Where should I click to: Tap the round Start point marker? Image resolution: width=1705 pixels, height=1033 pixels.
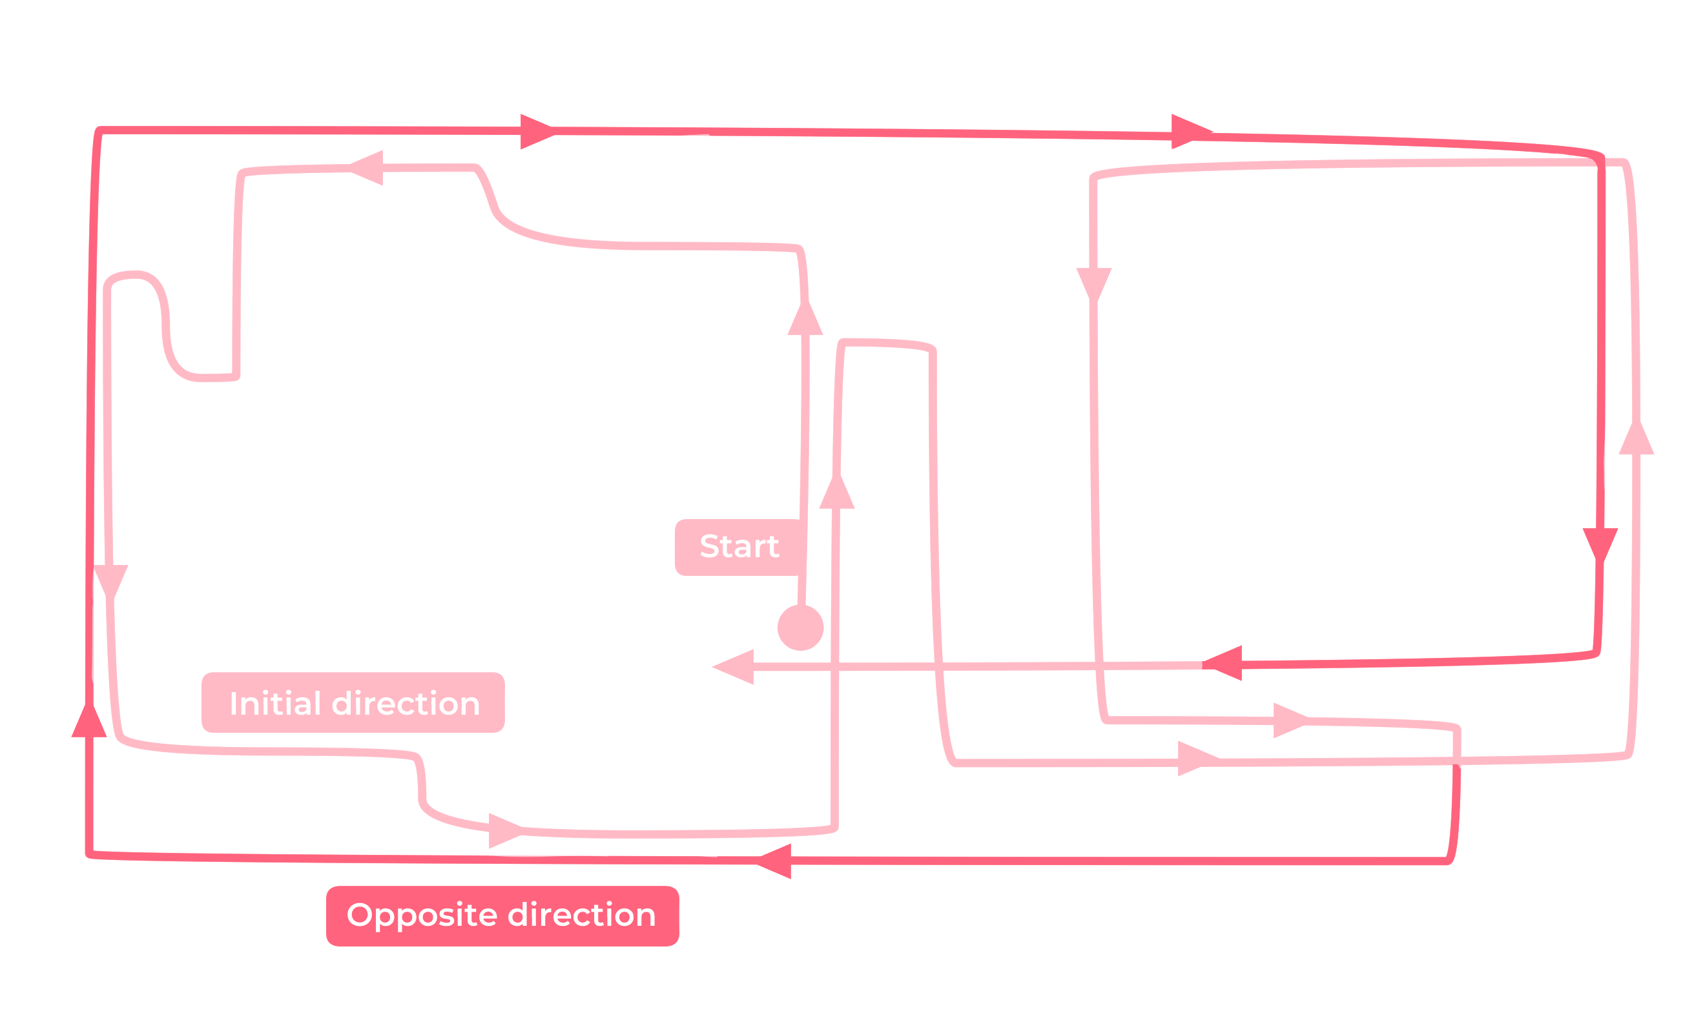click(x=801, y=628)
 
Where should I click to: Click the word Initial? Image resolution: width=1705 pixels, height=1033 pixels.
click(x=275, y=704)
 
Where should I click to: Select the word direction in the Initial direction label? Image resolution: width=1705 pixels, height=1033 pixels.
click(x=406, y=704)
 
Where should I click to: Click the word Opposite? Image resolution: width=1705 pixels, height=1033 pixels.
click(x=422, y=916)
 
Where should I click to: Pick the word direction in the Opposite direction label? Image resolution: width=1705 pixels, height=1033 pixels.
click(x=582, y=915)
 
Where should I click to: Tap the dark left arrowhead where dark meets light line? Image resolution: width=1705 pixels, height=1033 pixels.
click(x=1223, y=664)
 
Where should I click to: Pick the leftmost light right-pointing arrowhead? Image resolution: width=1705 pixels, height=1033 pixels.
click(x=506, y=831)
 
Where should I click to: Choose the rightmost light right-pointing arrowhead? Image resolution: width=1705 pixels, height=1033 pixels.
click(x=1292, y=721)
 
